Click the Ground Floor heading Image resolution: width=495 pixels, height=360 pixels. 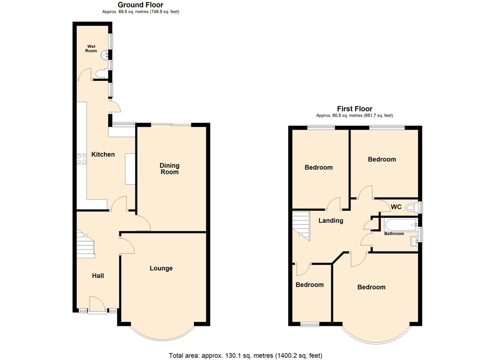(141, 5)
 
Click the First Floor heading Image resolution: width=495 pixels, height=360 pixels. (354, 109)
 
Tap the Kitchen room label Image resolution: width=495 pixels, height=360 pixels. (103, 154)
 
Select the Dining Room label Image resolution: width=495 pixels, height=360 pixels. (170, 169)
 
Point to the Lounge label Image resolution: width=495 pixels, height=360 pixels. (161, 268)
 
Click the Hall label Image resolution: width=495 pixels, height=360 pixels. (98, 275)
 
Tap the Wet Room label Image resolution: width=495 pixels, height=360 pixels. (91, 49)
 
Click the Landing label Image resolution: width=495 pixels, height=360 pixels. (331, 221)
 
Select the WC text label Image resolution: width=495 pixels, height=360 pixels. (396, 207)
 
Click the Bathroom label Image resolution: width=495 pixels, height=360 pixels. (394, 234)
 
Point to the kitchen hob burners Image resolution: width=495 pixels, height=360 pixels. (82, 159)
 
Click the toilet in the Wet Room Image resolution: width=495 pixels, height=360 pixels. (102, 74)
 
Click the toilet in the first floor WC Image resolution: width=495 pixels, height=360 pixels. (412, 207)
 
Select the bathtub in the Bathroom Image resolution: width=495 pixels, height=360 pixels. (401, 225)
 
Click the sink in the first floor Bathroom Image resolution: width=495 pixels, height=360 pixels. (414, 241)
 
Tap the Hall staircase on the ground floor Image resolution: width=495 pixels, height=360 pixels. (86, 244)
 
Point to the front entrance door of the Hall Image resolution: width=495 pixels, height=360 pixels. (97, 305)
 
